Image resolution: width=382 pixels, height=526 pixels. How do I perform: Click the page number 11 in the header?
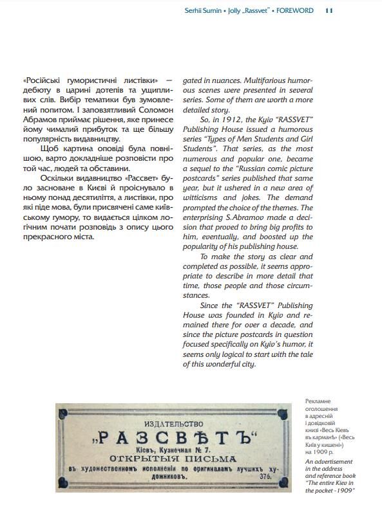[329, 10]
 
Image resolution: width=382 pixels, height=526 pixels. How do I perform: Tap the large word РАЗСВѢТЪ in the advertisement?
[175, 440]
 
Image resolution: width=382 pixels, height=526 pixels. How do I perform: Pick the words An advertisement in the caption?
[329, 462]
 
